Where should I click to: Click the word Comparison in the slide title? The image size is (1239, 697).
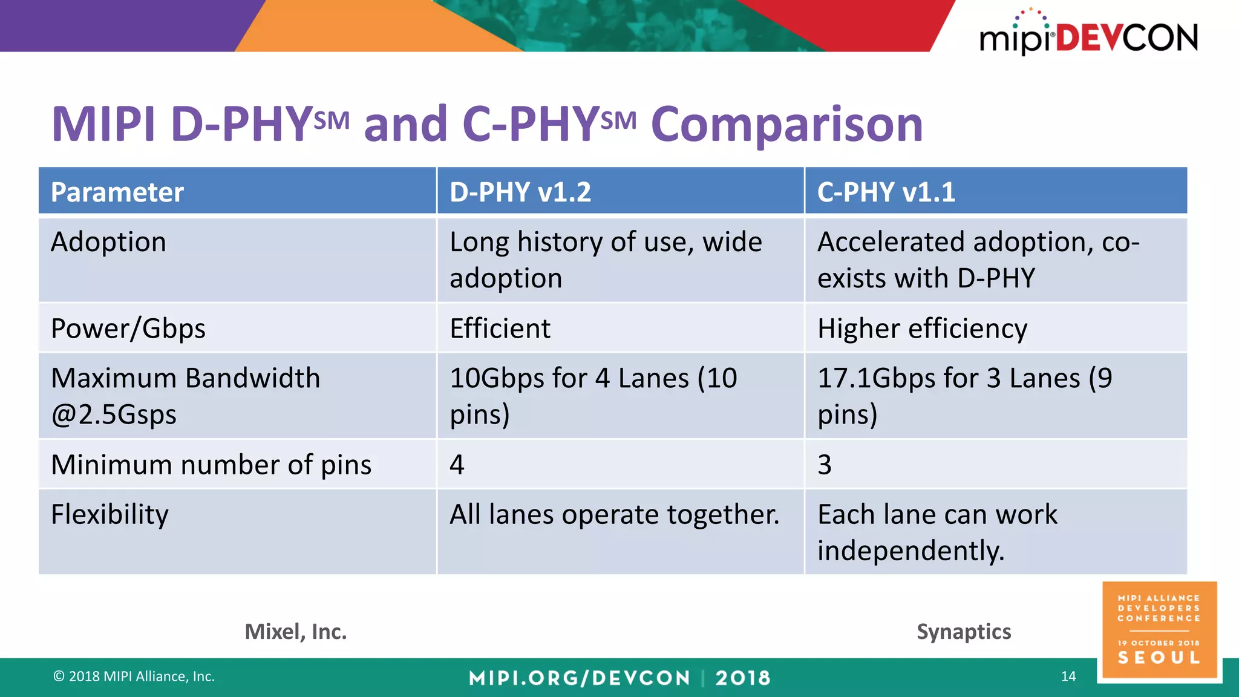[x=786, y=125]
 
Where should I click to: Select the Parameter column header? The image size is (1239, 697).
[x=117, y=192]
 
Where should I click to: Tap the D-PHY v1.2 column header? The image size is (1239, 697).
[x=520, y=192]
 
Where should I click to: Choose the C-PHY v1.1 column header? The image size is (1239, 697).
[x=886, y=192]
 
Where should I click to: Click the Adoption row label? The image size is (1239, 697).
[x=108, y=242]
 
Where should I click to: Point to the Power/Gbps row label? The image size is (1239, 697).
[x=128, y=329]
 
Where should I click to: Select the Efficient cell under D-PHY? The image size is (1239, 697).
[x=500, y=329]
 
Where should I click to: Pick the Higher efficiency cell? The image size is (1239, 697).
[x=922, y=329]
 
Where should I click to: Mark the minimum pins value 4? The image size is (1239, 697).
[x=457, y=465]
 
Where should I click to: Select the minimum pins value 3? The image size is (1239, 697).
[x=825, y=465]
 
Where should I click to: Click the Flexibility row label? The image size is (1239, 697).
[x=110, y=514]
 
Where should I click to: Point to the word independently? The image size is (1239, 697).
[x=910, y=551]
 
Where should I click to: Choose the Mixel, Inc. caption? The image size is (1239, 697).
[x=296, y=632]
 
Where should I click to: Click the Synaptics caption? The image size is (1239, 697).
[x=964, y=632]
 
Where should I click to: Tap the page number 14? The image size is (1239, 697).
[x=1068, y=676]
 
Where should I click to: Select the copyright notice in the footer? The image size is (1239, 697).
[x=134, y=676]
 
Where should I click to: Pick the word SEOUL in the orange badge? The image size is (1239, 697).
[x=1159, y=658]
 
